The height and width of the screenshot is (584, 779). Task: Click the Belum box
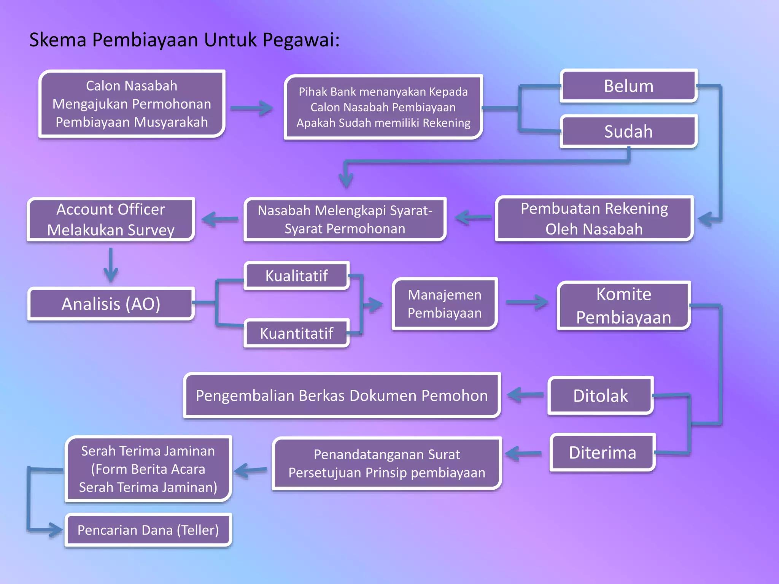click(x=628, y=86)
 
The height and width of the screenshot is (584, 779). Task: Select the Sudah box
click(x=628, y=131)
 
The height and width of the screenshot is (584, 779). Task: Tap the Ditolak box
click(x=600, y=395)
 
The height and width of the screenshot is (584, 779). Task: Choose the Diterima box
click(x=602, y=452)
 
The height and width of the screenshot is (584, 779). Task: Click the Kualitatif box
click(x=296, y=276)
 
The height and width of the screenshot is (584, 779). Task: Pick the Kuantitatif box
click(x=296, y=333)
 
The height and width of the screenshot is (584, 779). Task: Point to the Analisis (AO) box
click(x=111, y=304)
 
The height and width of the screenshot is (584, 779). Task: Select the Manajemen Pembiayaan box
click(x=444, y=304)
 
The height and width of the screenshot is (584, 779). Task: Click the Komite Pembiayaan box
click(x=623, y=305)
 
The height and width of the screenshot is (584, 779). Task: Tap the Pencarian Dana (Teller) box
click(x=148, y=530)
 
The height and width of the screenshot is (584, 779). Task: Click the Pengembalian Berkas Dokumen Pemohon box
click(x=342, y=395)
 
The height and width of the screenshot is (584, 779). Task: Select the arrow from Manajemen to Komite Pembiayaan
click(x=527, y=302)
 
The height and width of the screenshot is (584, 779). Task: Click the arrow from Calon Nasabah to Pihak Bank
click(x=251, y=108)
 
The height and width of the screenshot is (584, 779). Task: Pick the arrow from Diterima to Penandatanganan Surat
click(x=523, y=453)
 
